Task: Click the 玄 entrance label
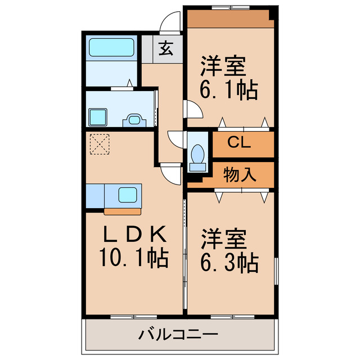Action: (165, 49)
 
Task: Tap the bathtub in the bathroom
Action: (112, 47)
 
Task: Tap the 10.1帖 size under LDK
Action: (134, 258)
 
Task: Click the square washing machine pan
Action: (98, 117)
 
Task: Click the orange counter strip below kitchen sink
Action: (124, 211)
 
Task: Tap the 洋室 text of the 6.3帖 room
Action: (224, 239)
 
